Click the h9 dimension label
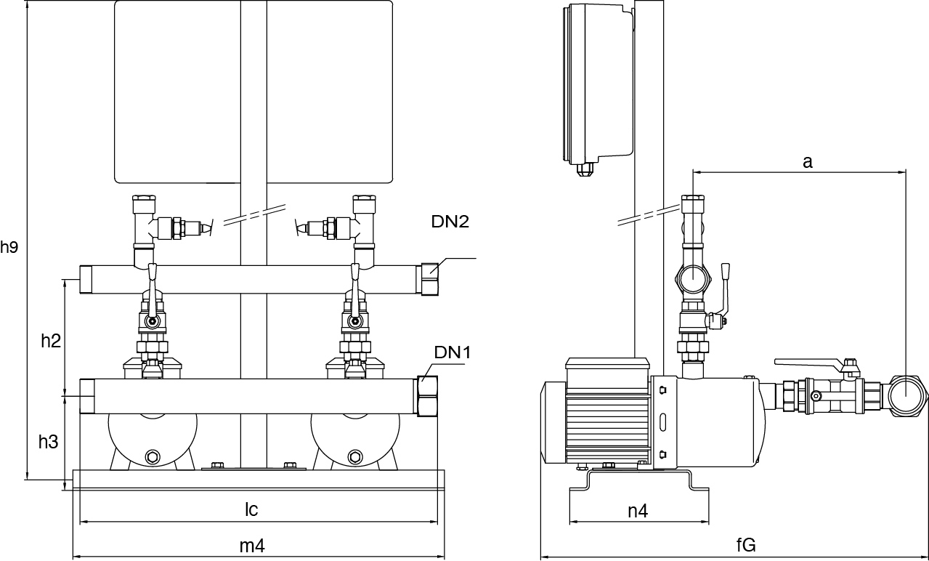[9, 247]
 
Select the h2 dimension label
[50, 340]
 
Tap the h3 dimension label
[48, 441]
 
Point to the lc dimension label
[251, 509]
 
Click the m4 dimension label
[251, 546]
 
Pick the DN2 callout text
[450, 222]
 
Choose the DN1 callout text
[453, 352]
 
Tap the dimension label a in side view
[807, 162]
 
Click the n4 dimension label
[638, 510]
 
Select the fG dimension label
[746, 546]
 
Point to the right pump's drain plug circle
[354, 456]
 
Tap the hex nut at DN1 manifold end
[426, 397]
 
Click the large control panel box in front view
[253, 92]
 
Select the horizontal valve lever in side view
[806, 361]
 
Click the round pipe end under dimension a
[908, 396]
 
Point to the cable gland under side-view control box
[585, 171]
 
